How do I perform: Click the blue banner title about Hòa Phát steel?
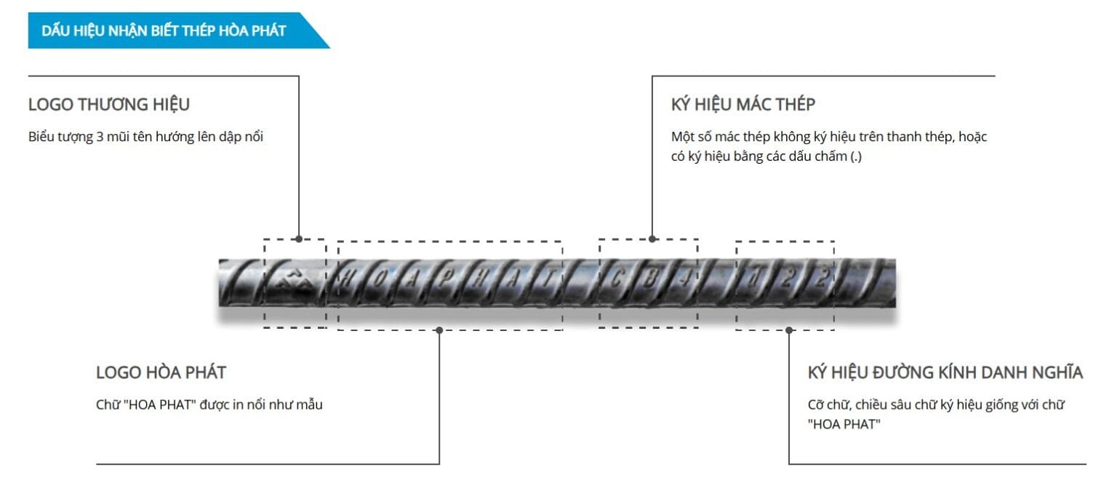tap(164, 31)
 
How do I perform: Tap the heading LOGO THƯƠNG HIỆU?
tap(108, 104)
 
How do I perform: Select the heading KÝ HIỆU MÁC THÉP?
tap(743, 104)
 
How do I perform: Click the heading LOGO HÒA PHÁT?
tap(161, 373)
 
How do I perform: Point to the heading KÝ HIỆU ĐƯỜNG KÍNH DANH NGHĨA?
tap(945, 373)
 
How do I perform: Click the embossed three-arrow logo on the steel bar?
tap(295, 282)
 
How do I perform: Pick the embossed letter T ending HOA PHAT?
tap(548, 279)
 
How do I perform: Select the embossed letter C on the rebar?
tap(617, 279)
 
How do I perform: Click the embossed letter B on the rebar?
tap(650, 279)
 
